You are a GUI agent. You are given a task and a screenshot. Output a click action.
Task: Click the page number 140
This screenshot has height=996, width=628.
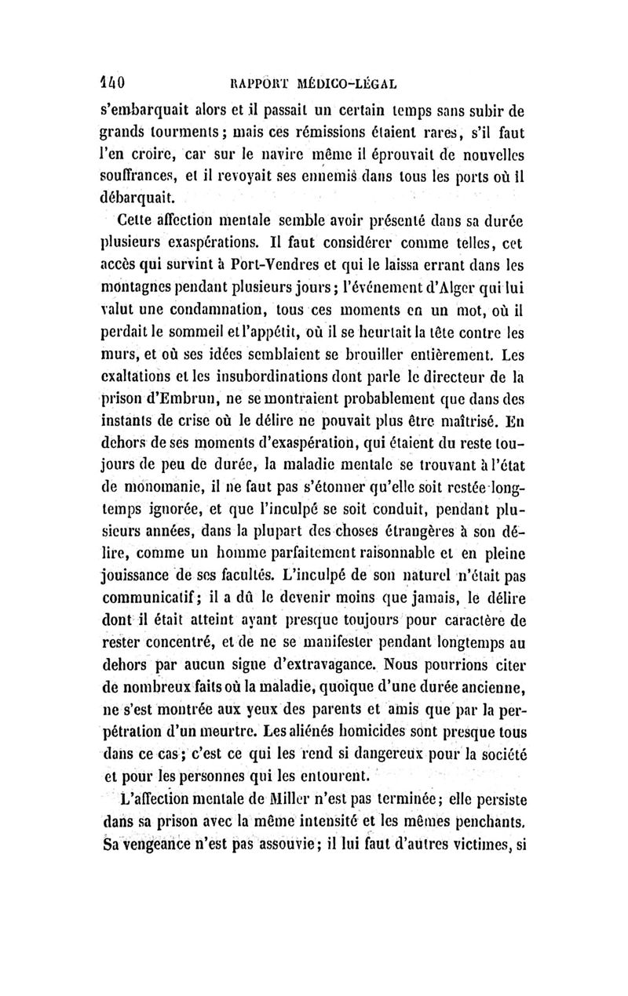click(x=119, y=80)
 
